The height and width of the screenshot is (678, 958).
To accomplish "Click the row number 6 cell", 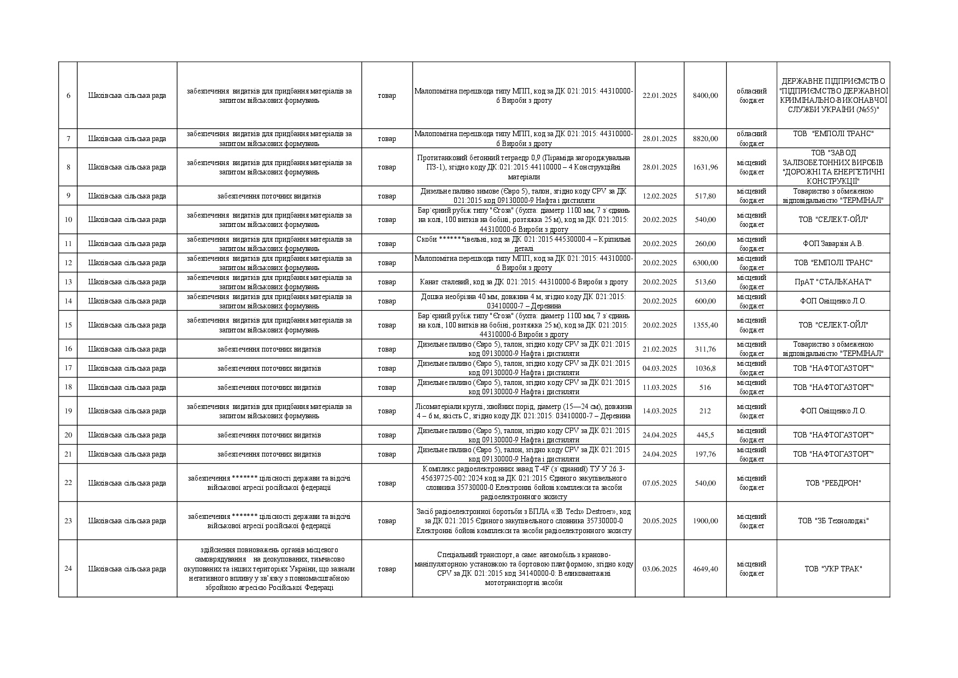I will click(68, 96).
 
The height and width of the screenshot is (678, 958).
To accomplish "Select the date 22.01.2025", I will click(660, 96).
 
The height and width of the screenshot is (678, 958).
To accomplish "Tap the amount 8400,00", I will click(705, 96).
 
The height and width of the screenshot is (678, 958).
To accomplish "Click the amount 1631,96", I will click(705, 167).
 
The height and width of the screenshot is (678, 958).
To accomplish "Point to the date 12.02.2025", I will click(660, 196).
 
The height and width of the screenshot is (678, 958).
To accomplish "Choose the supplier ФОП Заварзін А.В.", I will click(833, 244).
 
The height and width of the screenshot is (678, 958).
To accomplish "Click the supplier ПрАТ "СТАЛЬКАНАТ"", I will click(833, 282).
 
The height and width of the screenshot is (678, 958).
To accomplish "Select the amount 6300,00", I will click(705, 263).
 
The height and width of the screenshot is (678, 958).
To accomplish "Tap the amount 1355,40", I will click(705, 325).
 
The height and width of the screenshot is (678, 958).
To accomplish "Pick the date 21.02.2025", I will click(660, 349).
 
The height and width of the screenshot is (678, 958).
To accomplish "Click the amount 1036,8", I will click(705, 369).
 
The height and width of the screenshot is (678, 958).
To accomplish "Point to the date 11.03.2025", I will click(660, 388).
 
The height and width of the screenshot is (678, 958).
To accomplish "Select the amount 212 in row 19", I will click(705, 411).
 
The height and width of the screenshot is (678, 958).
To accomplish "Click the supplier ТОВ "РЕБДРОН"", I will click(833, 483).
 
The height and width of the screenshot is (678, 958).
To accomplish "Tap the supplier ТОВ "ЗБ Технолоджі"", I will click(833, 521).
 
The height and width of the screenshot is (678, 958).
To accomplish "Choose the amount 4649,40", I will click(705, 569).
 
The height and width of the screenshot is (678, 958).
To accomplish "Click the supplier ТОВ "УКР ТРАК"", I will click(833, 569).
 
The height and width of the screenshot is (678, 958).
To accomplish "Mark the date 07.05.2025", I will click(660, 483).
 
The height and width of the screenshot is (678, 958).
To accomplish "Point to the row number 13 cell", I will click(68, 282).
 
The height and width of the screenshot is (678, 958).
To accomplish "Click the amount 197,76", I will click(705, 454).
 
